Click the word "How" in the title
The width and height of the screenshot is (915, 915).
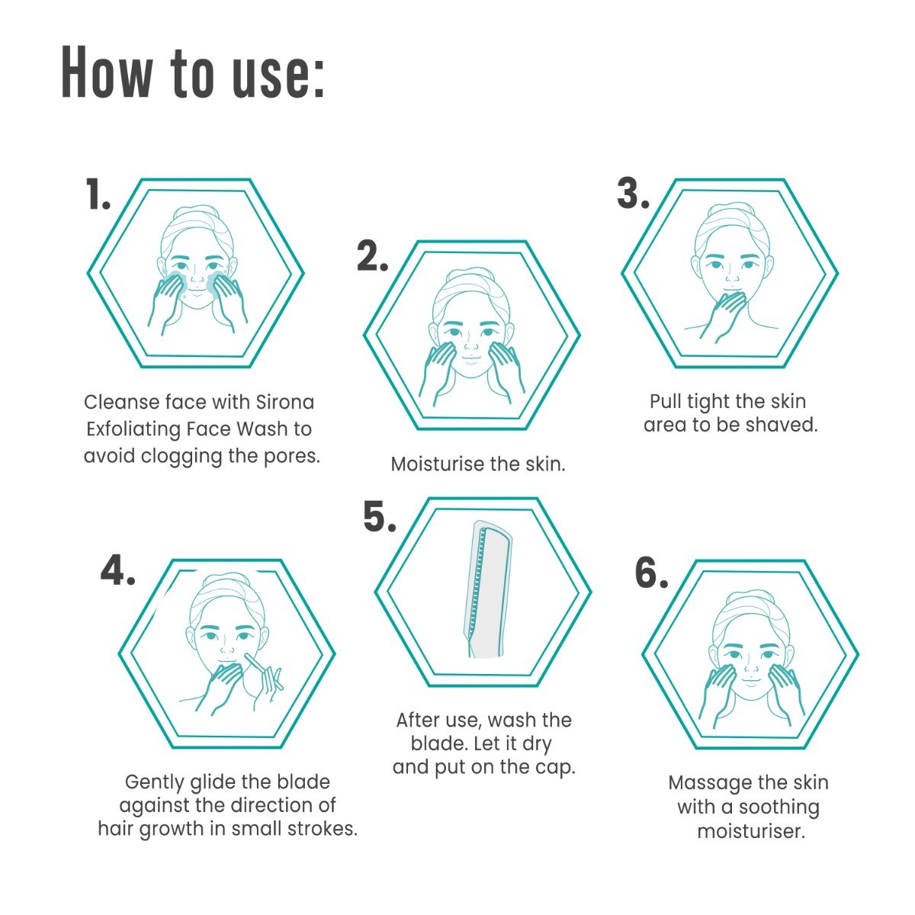tap(108, 72)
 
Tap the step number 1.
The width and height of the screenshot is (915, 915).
tap(98, 194)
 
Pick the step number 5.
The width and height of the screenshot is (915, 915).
tap(380, 516)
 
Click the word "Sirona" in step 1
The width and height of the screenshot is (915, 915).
tap(285, 403)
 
